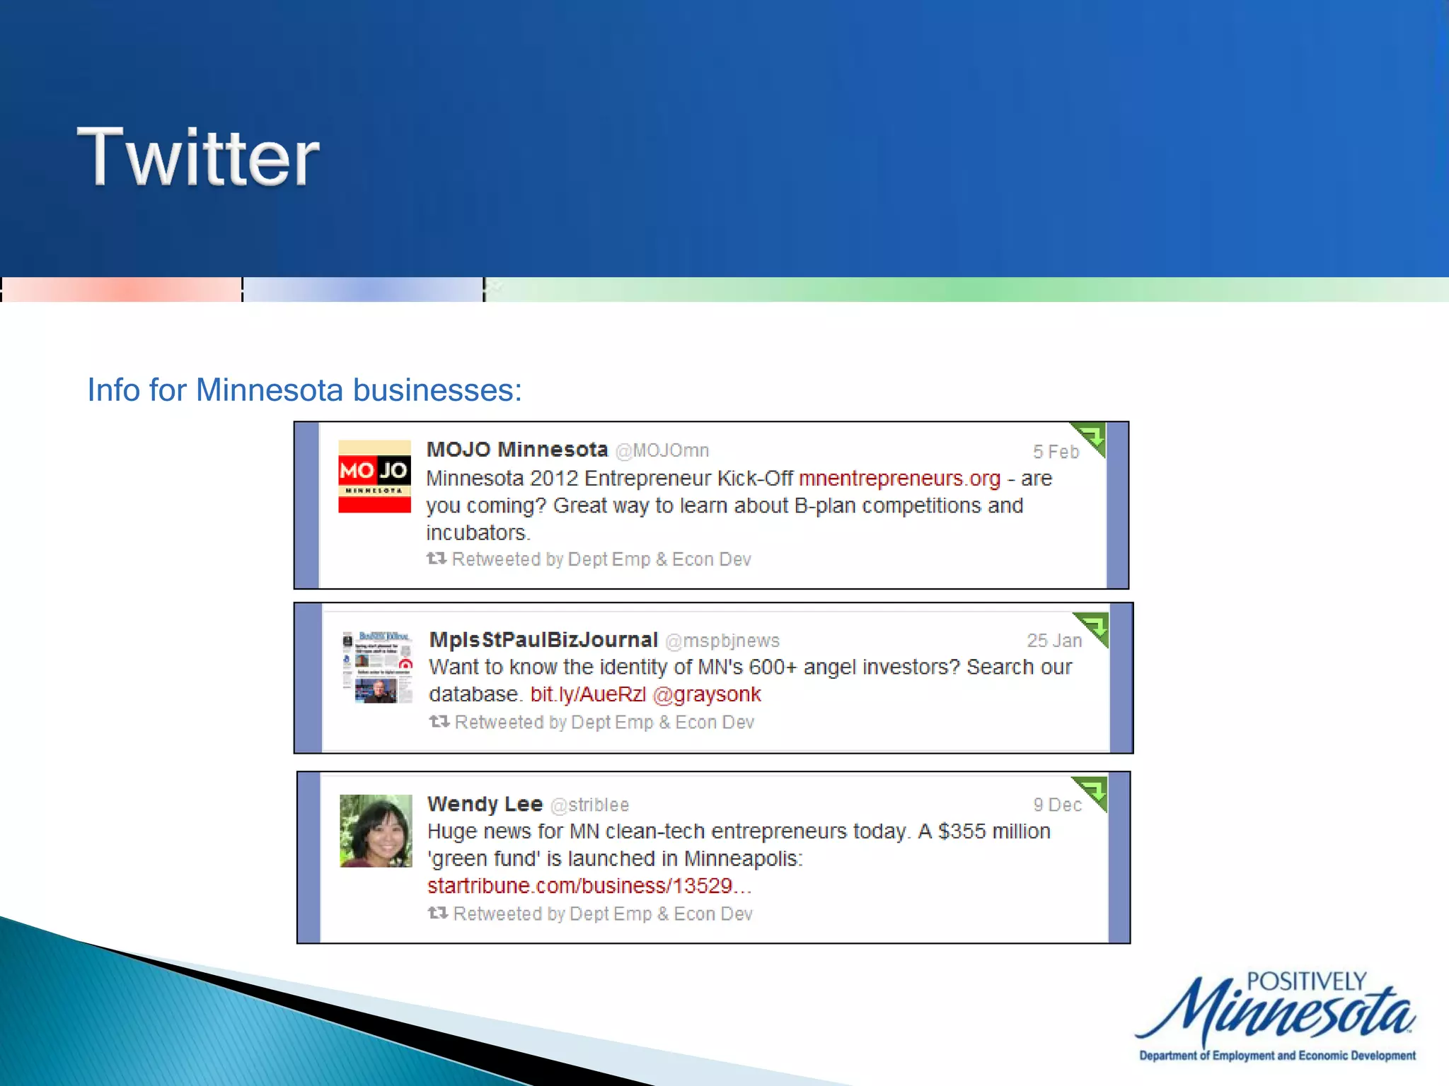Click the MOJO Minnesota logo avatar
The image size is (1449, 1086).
374,476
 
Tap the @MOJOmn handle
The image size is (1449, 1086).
662,450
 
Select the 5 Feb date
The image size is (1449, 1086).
1055,452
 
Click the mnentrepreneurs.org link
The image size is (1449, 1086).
899,479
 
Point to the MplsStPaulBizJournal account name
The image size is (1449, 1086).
543,640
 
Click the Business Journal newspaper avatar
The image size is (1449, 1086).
377,667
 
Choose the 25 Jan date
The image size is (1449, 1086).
1053,641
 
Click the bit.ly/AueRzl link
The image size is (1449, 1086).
588,694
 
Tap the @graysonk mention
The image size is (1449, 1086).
706,694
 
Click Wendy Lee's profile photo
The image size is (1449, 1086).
376,831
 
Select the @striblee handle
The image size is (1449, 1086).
589,805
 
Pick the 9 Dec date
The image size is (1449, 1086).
1056,805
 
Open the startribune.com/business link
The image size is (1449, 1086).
589,886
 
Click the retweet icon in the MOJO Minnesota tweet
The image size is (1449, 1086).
436,559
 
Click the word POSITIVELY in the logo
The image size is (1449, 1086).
1306,981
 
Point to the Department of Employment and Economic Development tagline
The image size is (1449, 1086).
1277,1056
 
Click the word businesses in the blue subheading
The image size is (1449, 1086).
437,390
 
